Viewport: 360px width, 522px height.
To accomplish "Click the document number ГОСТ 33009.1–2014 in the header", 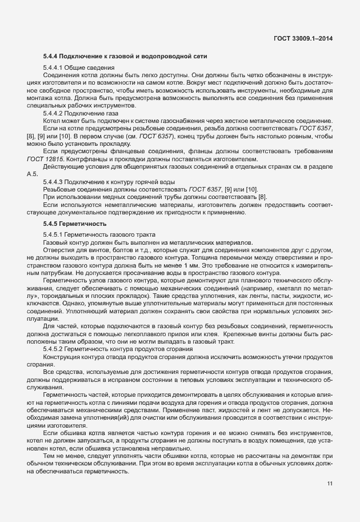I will click(303, 38).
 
